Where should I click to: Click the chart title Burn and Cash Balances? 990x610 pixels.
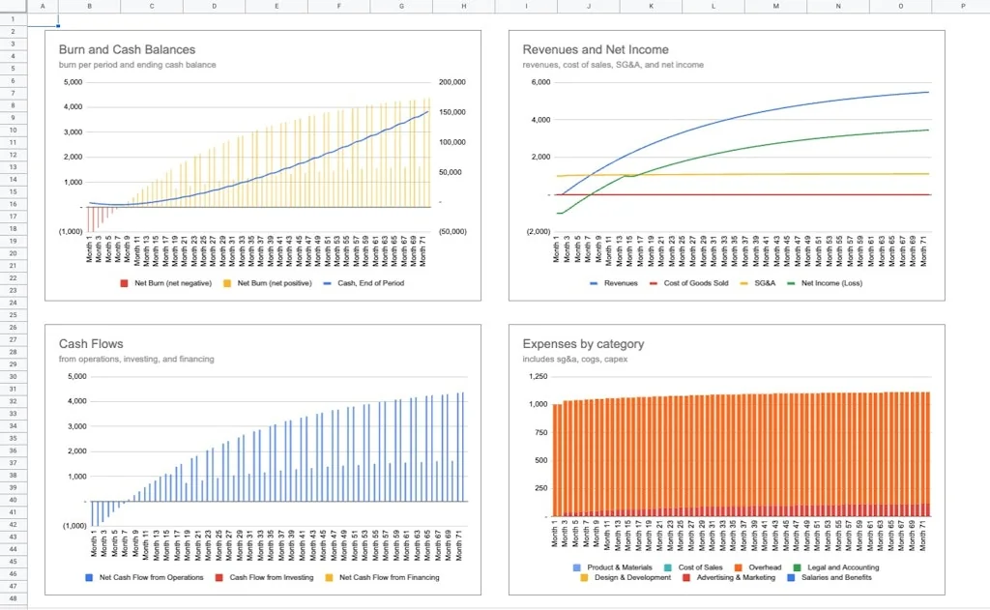127,49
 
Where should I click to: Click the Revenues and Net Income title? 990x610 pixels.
595,49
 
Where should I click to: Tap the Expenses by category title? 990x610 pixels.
583,343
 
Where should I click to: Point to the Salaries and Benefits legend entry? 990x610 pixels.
836,577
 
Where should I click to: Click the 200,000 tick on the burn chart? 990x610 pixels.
451,83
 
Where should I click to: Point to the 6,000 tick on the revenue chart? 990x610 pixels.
539,83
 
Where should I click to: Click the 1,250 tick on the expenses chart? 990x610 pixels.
537,377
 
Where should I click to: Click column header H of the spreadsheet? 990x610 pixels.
463,6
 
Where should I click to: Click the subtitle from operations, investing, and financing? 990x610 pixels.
136,359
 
